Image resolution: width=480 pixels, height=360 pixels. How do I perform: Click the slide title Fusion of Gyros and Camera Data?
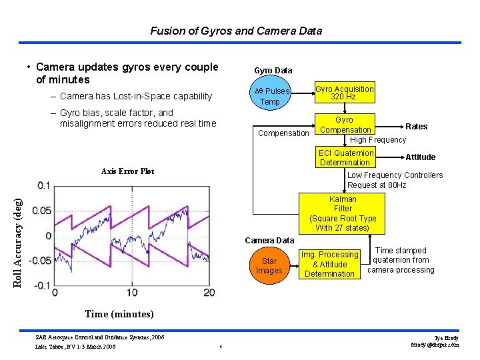coord(236,31)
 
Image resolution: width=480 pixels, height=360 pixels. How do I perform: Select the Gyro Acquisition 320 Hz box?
coord(345,93)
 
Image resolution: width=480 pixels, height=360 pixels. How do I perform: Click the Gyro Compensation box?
coord(345,125)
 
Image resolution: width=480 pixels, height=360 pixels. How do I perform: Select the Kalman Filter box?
coord(343,213)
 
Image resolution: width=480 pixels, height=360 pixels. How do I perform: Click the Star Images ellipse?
coord(269,265)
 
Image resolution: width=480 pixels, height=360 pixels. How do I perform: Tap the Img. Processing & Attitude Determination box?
coord(329,264)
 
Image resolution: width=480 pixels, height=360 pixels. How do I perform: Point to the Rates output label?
coord(417,127)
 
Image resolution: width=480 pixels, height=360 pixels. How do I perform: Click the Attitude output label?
coord(421,157)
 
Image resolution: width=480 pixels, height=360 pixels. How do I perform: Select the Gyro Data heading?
coord(273,70)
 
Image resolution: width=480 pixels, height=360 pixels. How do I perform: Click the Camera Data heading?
coord(269,240)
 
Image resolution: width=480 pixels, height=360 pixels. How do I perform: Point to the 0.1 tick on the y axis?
coord(43,185)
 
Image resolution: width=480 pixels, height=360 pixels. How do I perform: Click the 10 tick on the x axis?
coord(131,292)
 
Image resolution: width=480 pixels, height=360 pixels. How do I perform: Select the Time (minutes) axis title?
coord(119,314)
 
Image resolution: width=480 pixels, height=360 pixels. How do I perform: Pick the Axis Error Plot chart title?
coord(127,171)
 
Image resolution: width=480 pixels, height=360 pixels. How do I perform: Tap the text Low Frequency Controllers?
coord(395,175)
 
